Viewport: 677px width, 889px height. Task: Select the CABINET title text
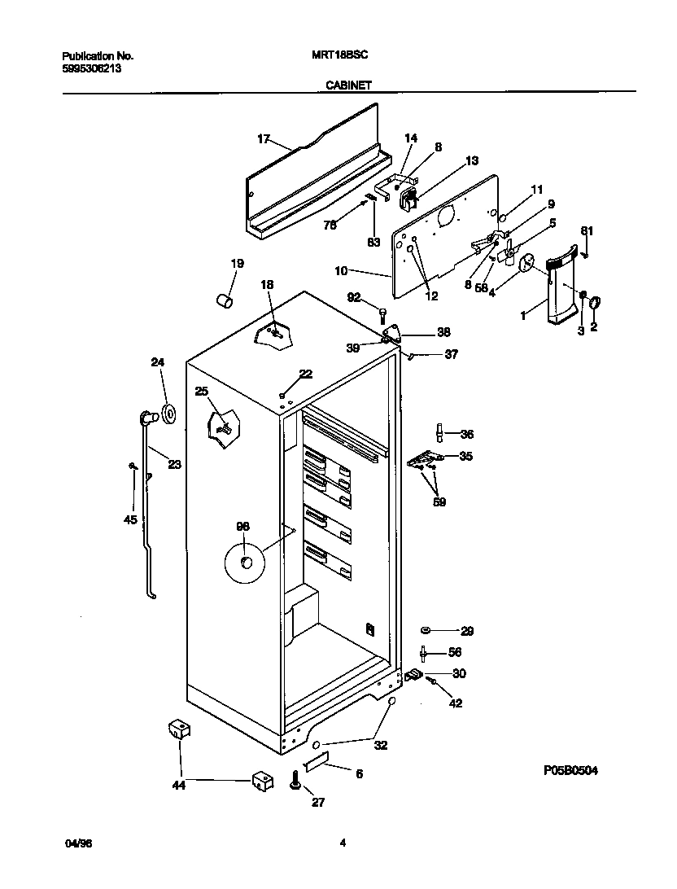(350, 84)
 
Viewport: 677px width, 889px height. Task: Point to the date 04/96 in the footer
(74, 844)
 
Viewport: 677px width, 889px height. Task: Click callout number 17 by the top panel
(263, 139)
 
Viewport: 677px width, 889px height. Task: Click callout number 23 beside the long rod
(174, 465)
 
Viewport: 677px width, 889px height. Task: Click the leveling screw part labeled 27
(295, 784)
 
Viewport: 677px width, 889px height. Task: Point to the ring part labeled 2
(595, 303)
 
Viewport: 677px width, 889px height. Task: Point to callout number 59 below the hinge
(439, 502)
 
